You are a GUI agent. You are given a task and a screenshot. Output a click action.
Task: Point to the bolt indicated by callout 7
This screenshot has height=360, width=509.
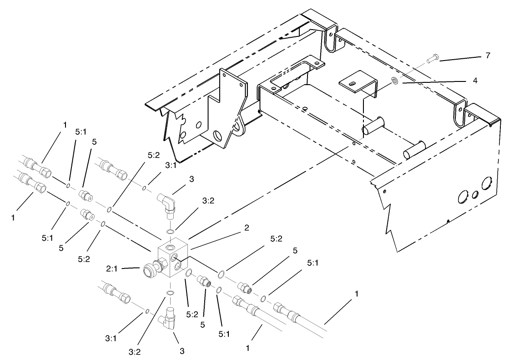pos(432,58)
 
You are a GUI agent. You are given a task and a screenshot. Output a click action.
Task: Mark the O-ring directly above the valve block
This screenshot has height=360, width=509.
pos(170,232)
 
